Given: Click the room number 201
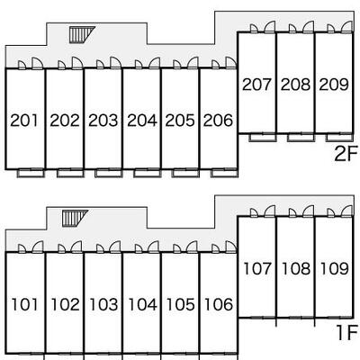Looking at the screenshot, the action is pyautogui.click(x=24, y=121).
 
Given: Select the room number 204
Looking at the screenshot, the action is pyautogui.click(x=142, y=121).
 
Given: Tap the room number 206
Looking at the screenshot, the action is pyautogui.click(x=218, y=121).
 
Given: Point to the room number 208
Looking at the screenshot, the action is pyautogui.click(x=295, y=85).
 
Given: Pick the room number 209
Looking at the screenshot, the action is pyautogui.click(x=334, y=85).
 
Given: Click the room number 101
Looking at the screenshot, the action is pyautogui.click(x=25, y=304).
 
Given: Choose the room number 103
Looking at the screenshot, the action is pyautogui.click(x=103, y=304).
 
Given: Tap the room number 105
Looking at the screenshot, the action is pyautogui.click(x=181, y=304).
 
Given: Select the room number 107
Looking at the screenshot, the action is pyautogui.click(x=257, y=268).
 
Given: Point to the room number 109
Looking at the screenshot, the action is pyautogui.click(x=335, y=268).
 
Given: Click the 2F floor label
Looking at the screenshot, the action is pyautogui.click(x=346, y=154).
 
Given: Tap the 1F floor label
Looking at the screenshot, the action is pyautogui.click(x=347, y=333).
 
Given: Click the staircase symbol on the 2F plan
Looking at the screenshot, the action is pyautogui.click(x=81, y=35).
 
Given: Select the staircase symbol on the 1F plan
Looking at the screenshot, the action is pyautogui.click(x=74, y=218).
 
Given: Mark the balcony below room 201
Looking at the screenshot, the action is pyautogui.click(x=31, y=173).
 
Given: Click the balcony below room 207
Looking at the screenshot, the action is pyautogui.click(x=263, y=138).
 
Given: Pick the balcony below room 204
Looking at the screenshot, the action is pyautogui.click(x=148, y=173).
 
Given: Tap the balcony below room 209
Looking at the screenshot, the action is pyautogui.click(x=339, y=138).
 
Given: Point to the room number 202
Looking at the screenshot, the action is pyautogui.click(x=65, y=121).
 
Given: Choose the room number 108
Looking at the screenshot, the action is pyautogui.click(x=296, y=268).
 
